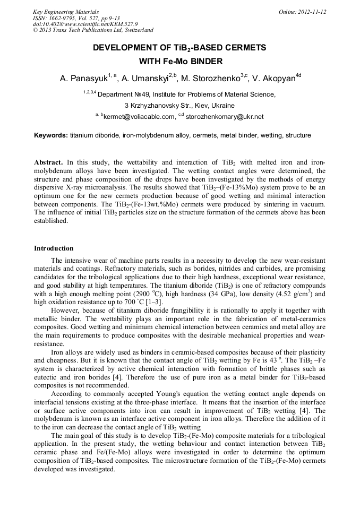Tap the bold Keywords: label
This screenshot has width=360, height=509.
[x=51, y=135]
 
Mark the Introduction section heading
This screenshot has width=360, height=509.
[x=54, y=248]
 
